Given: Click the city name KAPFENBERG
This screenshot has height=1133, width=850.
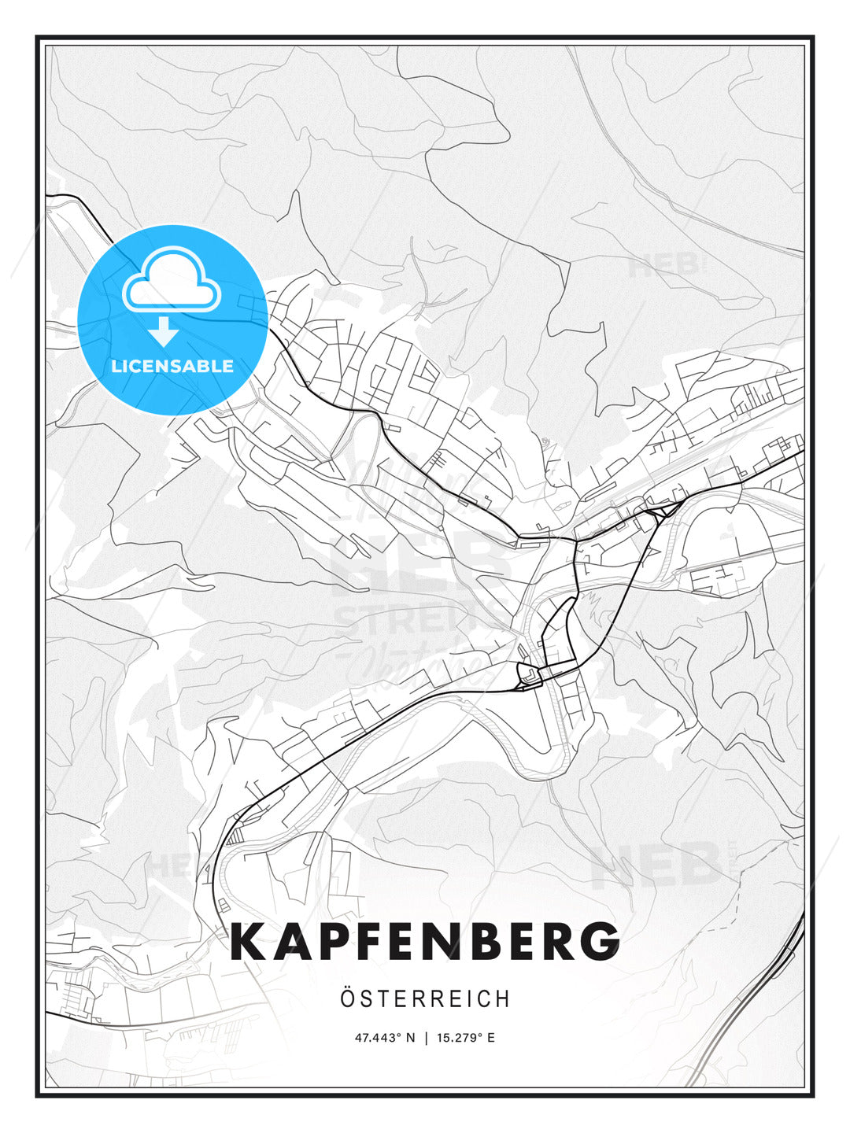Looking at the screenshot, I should (425, 942).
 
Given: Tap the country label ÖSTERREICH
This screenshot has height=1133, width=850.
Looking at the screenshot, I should (425, 999).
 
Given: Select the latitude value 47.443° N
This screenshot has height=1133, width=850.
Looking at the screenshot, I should (384, 1038).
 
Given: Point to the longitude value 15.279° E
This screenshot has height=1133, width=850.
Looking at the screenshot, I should (466, 1038).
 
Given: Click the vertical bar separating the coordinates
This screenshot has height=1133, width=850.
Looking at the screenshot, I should (426, 1038).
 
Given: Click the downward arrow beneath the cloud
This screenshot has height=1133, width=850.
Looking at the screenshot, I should (164, 331).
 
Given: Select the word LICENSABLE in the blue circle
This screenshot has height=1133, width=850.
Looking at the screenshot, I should (172, 366).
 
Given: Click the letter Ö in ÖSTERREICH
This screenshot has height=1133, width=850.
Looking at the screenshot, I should (348, 998).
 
